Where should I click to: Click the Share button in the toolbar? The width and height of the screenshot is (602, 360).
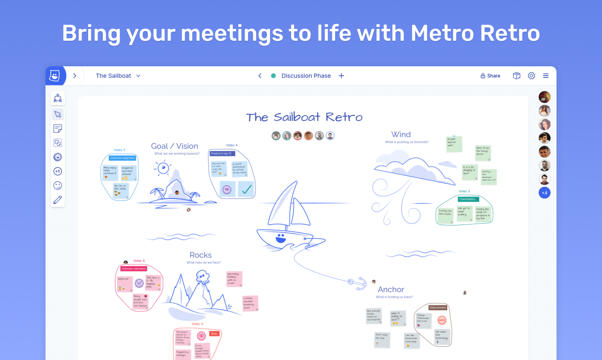coord(490,76)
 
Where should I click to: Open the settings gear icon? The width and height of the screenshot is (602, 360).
coord(531,76)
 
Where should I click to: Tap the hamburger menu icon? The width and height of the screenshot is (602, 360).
coord(546,76)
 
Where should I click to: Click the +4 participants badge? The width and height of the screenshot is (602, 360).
coord(545,193)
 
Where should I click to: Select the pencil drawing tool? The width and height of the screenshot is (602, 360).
coord(58,200)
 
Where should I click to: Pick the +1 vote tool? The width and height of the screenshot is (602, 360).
coord(58,171)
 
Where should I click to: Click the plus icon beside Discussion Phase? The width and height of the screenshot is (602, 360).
coord(341,76)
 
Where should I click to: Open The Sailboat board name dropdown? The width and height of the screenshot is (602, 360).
coord(119,76)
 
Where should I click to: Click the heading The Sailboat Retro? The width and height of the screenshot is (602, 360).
coord(304,117)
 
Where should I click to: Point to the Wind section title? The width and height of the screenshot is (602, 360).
coord(401,135)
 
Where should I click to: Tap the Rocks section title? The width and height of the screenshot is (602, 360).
coord(201,255)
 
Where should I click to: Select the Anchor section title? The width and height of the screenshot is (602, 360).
coord(391,289)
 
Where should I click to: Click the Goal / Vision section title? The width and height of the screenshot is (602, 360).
coord(174,146)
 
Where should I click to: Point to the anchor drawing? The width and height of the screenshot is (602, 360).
coord(358,283)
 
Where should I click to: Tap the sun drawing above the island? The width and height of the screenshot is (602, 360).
coord(164,168)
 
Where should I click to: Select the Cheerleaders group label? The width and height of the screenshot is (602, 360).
coord(467,199)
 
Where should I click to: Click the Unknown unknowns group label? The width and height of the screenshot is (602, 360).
coord(134,269)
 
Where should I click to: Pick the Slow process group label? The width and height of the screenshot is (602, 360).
coord(438,307)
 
